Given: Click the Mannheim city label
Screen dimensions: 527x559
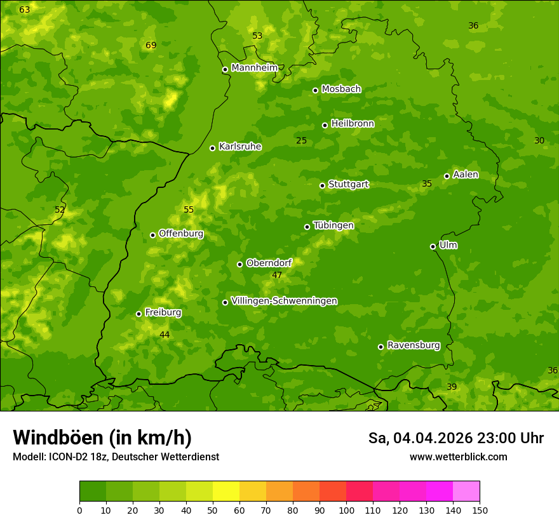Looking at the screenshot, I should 254,68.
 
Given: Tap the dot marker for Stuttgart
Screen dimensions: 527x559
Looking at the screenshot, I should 322,185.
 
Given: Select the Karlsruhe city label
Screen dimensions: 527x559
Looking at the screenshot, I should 239,147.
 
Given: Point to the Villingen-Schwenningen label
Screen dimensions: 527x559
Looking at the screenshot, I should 284,301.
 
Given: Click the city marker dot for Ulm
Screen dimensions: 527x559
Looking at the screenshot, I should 433,246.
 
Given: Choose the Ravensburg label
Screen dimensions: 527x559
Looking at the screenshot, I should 413,345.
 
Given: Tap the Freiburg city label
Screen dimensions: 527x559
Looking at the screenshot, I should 163,312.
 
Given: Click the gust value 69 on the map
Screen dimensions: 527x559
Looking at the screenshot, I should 151,45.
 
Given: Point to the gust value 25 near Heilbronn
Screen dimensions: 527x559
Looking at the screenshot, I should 301,140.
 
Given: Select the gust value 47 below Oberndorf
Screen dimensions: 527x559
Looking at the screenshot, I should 277,275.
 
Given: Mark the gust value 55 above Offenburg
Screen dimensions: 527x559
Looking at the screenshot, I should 189,210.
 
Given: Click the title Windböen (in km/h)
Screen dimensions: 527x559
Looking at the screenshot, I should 102,437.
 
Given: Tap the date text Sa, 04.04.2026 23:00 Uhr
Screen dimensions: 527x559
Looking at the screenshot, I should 455,438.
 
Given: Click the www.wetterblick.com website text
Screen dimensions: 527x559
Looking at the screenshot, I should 458,457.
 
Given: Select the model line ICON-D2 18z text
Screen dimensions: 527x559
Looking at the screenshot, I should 116,457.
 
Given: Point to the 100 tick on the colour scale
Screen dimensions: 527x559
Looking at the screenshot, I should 346,510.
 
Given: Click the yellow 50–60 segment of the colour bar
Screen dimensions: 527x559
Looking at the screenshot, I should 226,491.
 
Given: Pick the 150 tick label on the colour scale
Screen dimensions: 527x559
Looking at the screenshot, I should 480,510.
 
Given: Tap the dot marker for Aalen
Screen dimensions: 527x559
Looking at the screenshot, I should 447,176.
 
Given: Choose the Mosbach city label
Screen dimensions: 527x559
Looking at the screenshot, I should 340,89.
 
